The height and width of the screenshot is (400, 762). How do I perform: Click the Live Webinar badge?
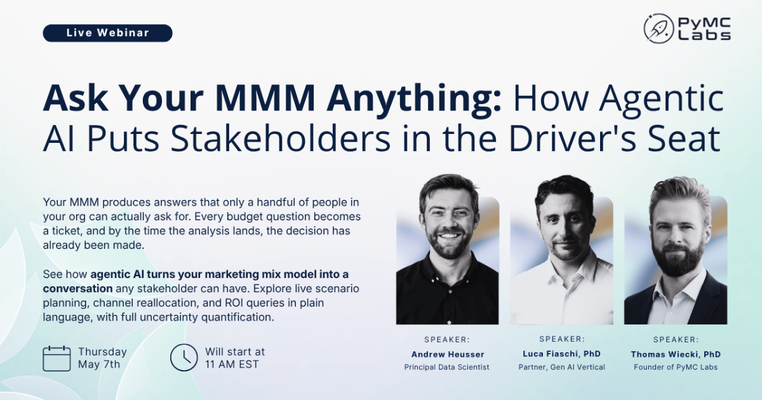click(107, 33)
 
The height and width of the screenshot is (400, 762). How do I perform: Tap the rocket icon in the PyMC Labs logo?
click(658, 29)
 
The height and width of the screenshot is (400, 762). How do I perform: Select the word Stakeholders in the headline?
click(280, 139)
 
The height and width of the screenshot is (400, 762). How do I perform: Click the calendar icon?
click(57, 359)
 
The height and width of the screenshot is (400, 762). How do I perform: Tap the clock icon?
click(184, 357)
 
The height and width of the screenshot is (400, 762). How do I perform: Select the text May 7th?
click(99, 364)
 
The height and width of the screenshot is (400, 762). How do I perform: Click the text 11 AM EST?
click(232, 364)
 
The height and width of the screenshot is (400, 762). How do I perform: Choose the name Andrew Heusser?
click(448, 354)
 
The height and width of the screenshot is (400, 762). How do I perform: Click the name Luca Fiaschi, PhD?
click(561, 354)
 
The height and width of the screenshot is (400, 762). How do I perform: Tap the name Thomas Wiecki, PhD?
click(676, 354)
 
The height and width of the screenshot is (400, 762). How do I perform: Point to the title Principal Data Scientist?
click(446, 368)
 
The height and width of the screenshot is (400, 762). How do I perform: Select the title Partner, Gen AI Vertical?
click(561, 368)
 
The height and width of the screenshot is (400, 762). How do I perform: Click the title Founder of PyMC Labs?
click(676, 368)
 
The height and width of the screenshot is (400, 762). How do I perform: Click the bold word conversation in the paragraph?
click(77, 288)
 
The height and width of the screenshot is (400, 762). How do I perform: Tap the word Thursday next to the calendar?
click(102, 352)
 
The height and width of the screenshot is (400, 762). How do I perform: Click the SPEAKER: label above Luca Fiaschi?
click(562, 339)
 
